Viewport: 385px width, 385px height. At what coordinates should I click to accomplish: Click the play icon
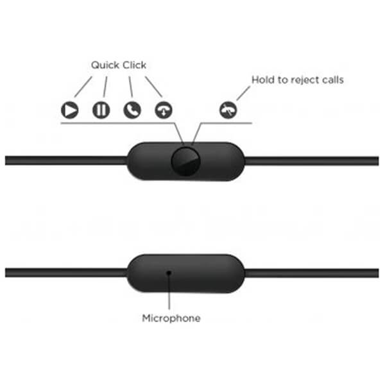point(70,110)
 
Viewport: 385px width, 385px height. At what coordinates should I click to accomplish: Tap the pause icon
point(101,110)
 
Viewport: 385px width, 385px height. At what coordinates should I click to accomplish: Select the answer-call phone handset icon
point(132,110)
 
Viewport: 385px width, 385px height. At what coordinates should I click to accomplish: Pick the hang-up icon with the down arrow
point(164,110)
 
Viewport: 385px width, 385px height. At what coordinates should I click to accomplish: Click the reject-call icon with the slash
point(228,110)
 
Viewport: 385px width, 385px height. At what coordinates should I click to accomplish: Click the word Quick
point(105,65)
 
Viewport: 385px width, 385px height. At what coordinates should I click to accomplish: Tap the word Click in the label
point(134,65)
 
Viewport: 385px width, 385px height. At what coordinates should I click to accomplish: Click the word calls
point(333,80)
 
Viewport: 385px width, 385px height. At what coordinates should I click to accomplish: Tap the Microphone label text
point(171,318)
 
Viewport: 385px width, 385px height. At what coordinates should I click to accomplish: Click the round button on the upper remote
point(185,161)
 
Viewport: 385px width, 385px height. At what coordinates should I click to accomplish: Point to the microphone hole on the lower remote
point(169,273)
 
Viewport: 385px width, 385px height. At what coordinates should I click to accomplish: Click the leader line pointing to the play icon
point(83,87)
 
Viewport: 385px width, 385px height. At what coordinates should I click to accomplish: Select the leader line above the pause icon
point(105,87)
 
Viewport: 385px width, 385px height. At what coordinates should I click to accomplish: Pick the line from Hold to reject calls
point(243,93)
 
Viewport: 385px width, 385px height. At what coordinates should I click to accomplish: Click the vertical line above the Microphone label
point(169,292)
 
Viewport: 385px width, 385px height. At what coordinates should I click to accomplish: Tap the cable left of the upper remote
point(66,160)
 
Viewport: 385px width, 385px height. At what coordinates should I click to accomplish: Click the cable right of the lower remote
point(311,273)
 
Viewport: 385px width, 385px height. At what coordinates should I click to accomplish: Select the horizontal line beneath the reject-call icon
point(227,123)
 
